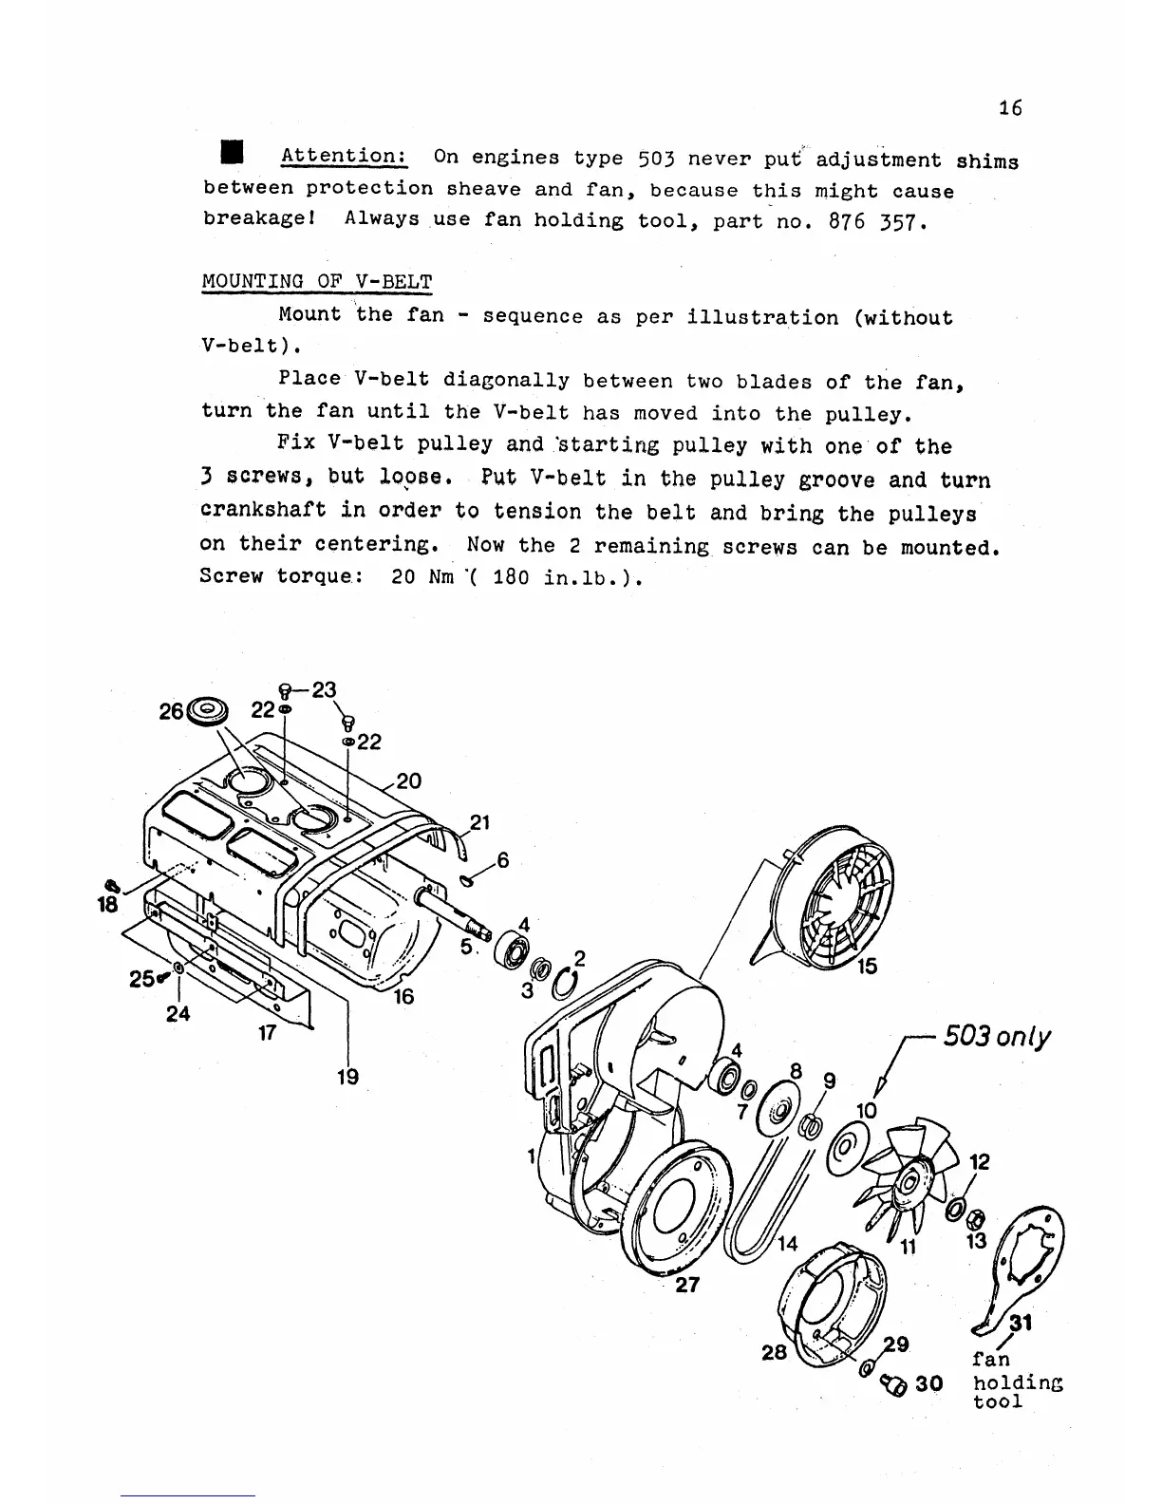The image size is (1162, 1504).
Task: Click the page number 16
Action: tap(1010, 108)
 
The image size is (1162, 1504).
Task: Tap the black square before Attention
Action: tap(231, 155)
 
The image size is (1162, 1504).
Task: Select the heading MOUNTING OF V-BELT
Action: tap(317, 282)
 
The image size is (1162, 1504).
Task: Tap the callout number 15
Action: tap(867, 967)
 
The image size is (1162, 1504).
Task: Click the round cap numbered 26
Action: tap(209, 710)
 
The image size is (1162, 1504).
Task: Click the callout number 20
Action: tap(408, 781)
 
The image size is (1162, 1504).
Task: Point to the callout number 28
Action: tap(775, 1351)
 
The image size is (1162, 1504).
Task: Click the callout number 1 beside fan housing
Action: tap(533, 1156)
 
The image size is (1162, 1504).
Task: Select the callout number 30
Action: tap(929, 1383)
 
